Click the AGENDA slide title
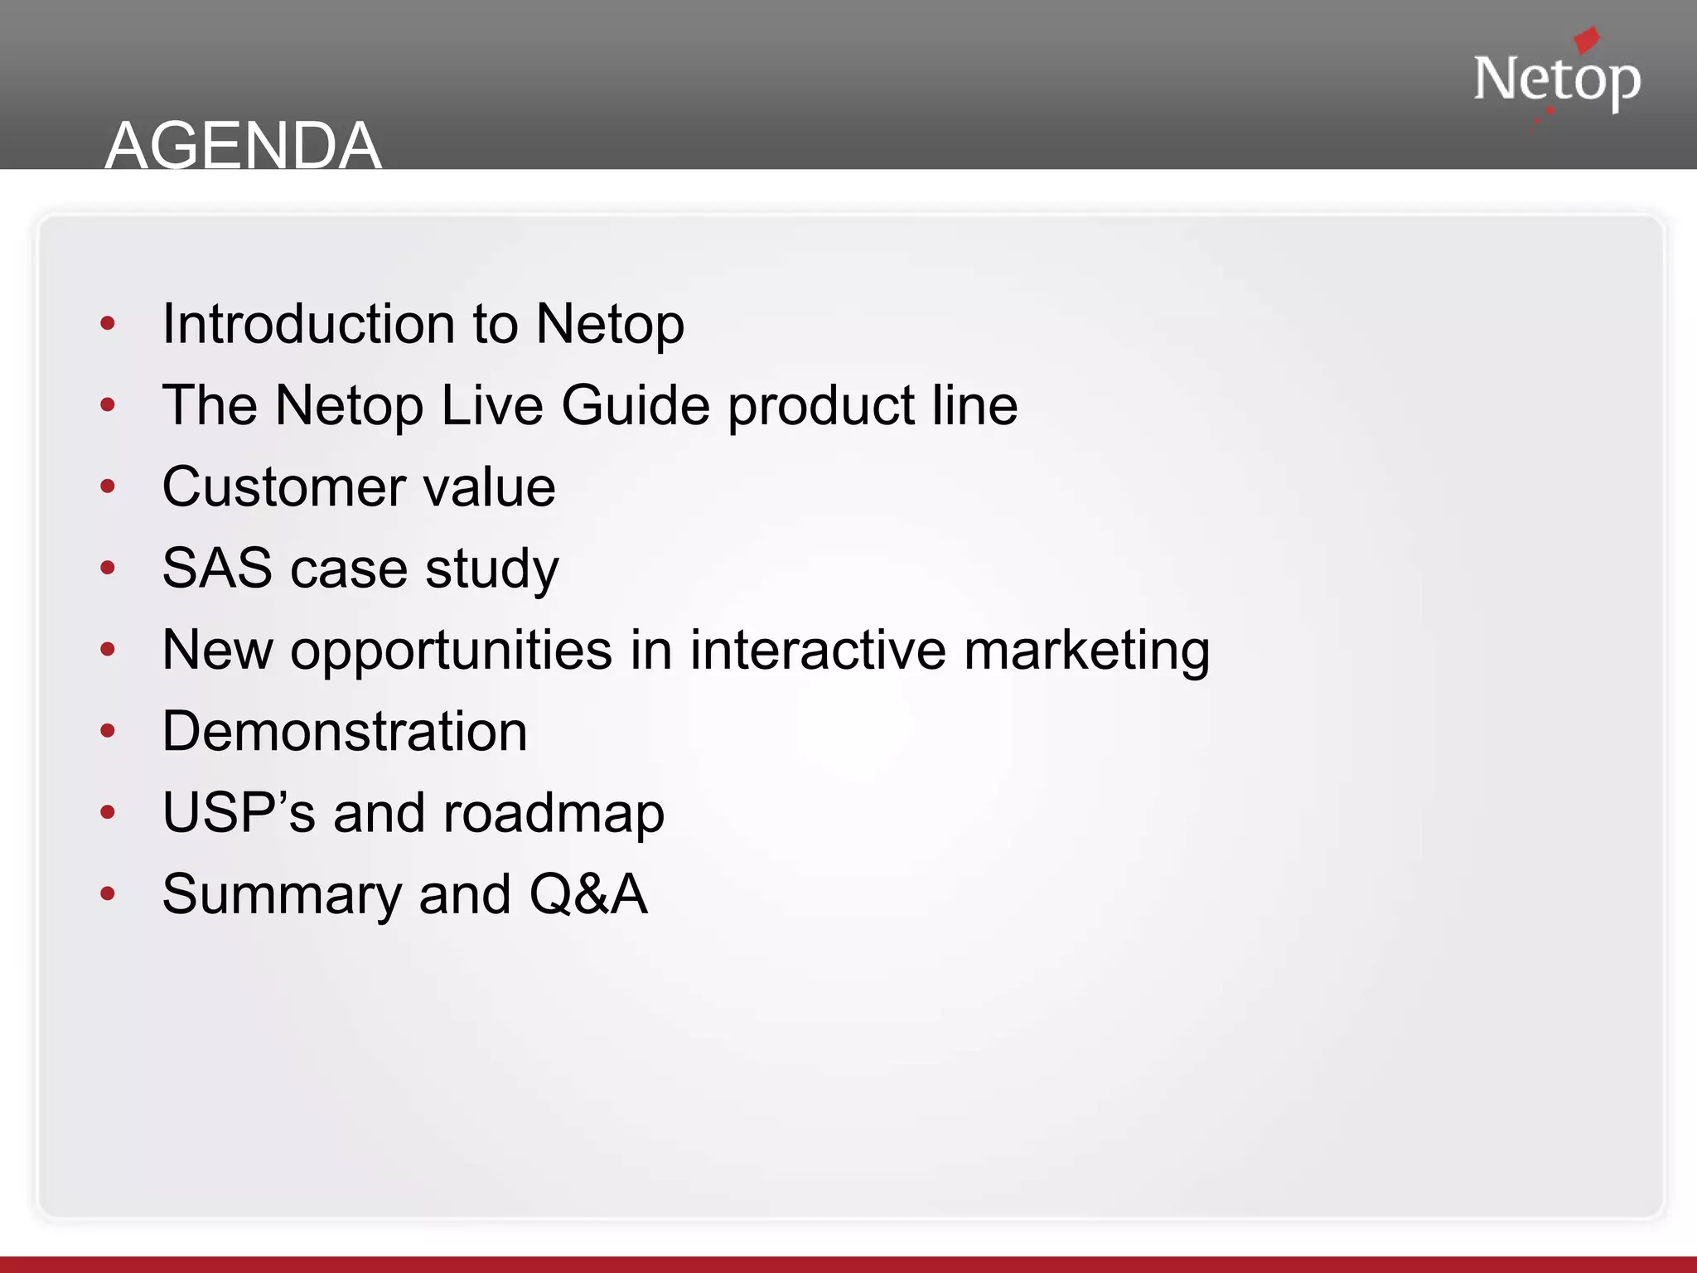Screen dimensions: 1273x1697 [243, 146]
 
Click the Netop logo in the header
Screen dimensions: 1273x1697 [1556, 80]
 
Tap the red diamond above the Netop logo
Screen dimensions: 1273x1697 [1586, 39]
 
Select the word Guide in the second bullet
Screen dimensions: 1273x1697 [636, 405]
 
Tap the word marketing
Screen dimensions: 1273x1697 [1086, 650]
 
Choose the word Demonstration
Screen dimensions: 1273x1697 [345, 731]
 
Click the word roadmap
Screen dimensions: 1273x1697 [554, 813]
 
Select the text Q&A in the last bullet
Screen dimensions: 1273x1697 [588, 894]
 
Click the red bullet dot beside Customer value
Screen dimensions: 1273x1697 [108, 486]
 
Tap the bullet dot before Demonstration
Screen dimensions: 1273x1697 [108, 731]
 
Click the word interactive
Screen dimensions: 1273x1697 [818, 650]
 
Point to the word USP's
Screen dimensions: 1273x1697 [239, 813]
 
